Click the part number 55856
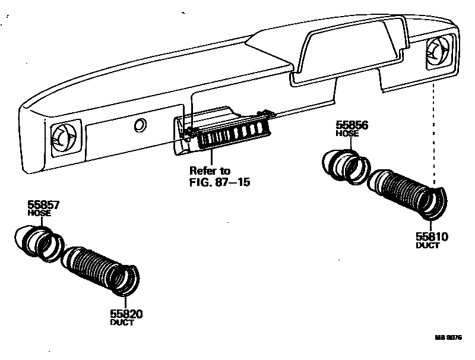(352, 125)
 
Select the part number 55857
(43, 206)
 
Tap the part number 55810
(432, 236)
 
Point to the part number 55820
(126, 314)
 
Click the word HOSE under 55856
(347, 134)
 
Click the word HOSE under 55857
(39, 213)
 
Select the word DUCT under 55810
(427, 245)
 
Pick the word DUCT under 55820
(122, 323)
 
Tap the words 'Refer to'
(210, 170)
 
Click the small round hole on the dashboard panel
(140, 125)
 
